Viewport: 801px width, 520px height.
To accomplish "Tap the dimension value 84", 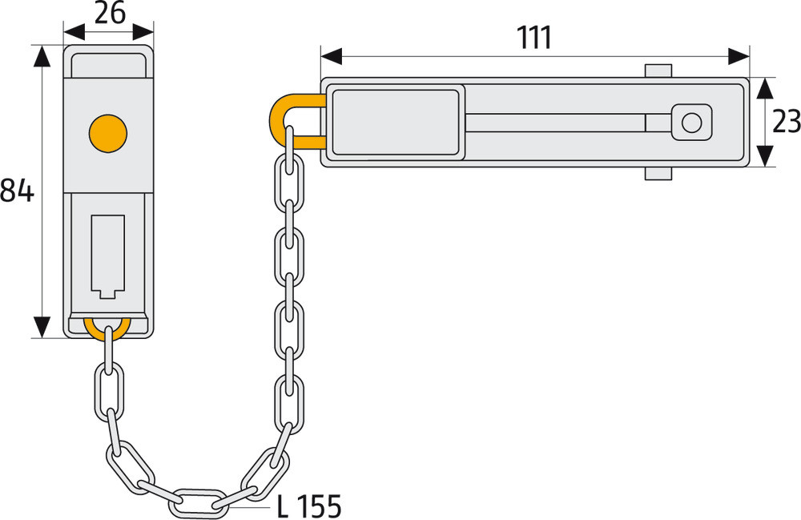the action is pos(17,191).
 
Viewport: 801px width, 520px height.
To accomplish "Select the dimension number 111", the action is pos(534,38).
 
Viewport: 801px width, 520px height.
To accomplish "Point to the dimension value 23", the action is pos(787,122).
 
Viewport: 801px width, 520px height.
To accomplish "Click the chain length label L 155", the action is pos(308,506).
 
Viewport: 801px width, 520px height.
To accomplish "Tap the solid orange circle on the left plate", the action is pos(108,133).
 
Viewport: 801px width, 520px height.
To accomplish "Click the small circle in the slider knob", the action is pos(692,123).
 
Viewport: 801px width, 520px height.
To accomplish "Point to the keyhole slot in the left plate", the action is pos(108,256).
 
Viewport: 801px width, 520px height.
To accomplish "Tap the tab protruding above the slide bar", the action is pos(658,71).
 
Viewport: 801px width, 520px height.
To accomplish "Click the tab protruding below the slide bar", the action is pos(658,173).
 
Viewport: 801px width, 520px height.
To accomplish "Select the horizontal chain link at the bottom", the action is pos(197,503).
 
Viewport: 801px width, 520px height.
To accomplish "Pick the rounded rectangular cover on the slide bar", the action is pos(396,122).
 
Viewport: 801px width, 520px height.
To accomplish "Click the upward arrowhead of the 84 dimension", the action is pos(42,56).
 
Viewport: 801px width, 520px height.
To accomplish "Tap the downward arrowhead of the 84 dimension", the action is pos(42,327).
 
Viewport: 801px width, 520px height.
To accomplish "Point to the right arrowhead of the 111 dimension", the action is pos(739,56).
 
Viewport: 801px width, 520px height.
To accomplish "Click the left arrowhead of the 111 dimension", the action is pos(332,56).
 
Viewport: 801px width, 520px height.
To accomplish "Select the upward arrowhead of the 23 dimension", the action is pos(764,88).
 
